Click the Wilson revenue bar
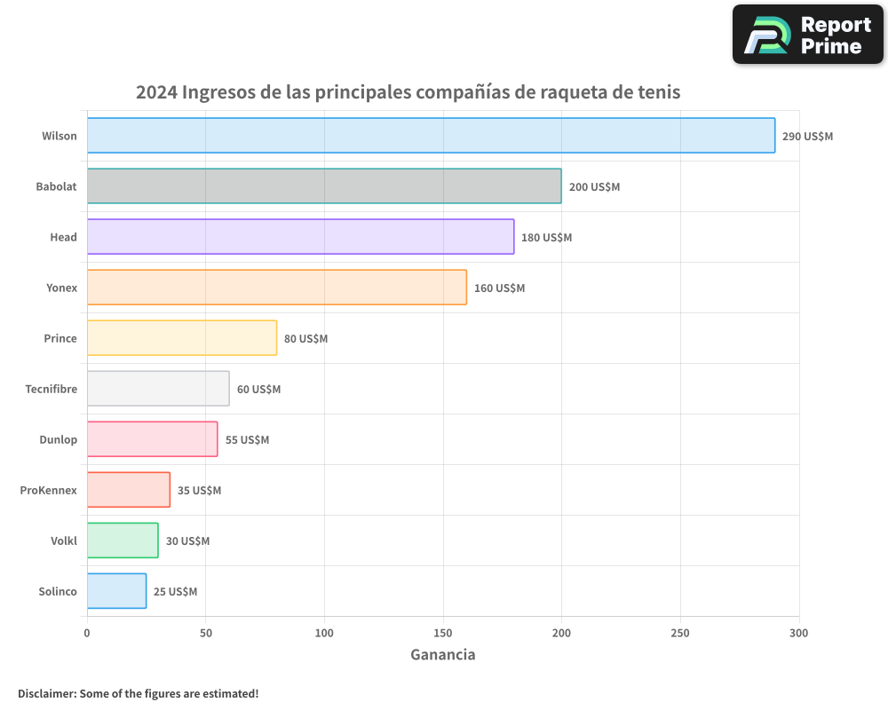431,136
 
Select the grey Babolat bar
324,186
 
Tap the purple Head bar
300,237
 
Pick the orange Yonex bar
276,288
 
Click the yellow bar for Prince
182,338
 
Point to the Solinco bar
116,591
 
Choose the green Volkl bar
123,540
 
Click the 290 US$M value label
807,137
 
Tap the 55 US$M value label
247,440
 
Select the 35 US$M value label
199,491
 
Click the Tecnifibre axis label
51,389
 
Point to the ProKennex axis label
48,490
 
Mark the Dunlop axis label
58,439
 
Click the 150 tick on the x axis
443,633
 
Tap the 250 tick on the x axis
680,633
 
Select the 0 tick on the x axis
87,633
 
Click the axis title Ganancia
442,655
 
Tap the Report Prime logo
807,35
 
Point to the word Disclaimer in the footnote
46,693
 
